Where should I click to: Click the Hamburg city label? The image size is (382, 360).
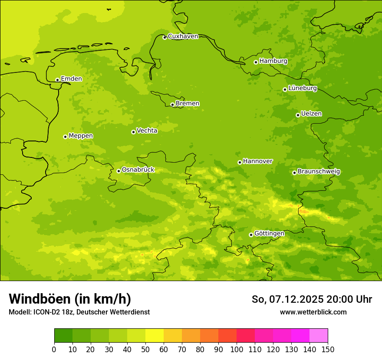[273, 61]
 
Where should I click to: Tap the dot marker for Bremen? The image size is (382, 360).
[172, 105]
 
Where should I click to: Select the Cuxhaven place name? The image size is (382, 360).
[183, 36]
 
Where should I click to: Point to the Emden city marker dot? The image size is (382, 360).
[57, 80]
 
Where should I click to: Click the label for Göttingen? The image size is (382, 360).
[269, 234]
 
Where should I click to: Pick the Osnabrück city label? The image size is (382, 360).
[138, 170]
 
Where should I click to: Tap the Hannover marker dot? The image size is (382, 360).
[240, 163]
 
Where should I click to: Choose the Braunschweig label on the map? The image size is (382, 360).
[319, 172]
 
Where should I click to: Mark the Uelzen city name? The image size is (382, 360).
[311, 114]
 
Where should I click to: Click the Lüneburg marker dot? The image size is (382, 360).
[285, 89]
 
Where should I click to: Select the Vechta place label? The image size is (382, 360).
[147, 131]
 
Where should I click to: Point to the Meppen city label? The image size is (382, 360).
[81, 136]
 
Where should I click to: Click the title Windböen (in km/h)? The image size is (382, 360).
[70, 299]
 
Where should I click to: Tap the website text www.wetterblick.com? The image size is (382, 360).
[313, 312]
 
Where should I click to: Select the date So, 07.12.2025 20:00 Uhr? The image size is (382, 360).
[312, 299]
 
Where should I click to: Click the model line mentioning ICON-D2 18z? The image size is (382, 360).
[79, 312]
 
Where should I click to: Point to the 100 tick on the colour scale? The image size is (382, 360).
[237, 350]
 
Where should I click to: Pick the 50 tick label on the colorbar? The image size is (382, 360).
[145, 350]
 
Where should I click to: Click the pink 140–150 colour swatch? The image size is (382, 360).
[319, 336]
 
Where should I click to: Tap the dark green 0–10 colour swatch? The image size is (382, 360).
[63, 336]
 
